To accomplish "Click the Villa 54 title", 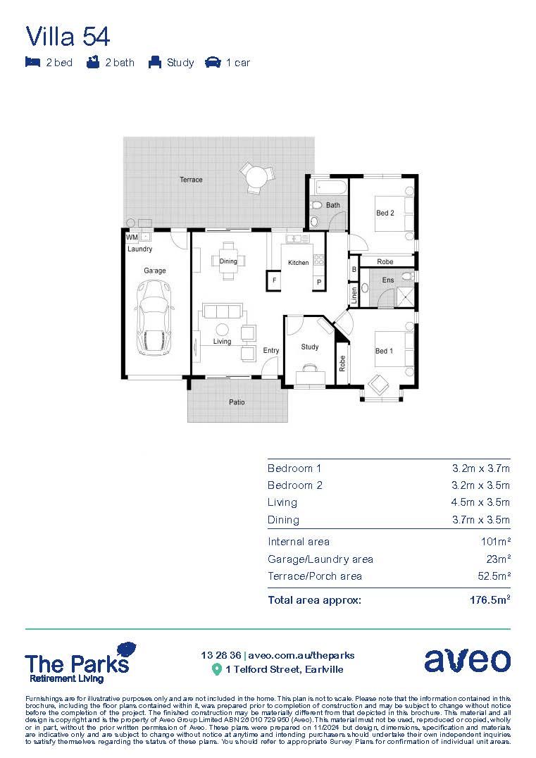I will (68, 35).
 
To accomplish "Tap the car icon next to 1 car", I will (212, 63).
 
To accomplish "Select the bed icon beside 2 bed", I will (32, 63).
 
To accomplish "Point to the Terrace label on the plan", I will (191, 180).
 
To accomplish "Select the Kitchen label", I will (299, 263).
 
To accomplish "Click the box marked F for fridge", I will (273, 282).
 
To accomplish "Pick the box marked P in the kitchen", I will (318, 282).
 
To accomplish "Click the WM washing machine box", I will (132, 237).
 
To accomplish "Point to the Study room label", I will (310, 347).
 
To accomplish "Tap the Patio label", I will (237, 402).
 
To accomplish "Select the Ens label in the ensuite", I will (387, 280).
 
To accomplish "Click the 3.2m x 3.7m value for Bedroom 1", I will (480, 468).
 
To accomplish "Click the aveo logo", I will (467, 660).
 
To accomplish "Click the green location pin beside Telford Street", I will (217, 669).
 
